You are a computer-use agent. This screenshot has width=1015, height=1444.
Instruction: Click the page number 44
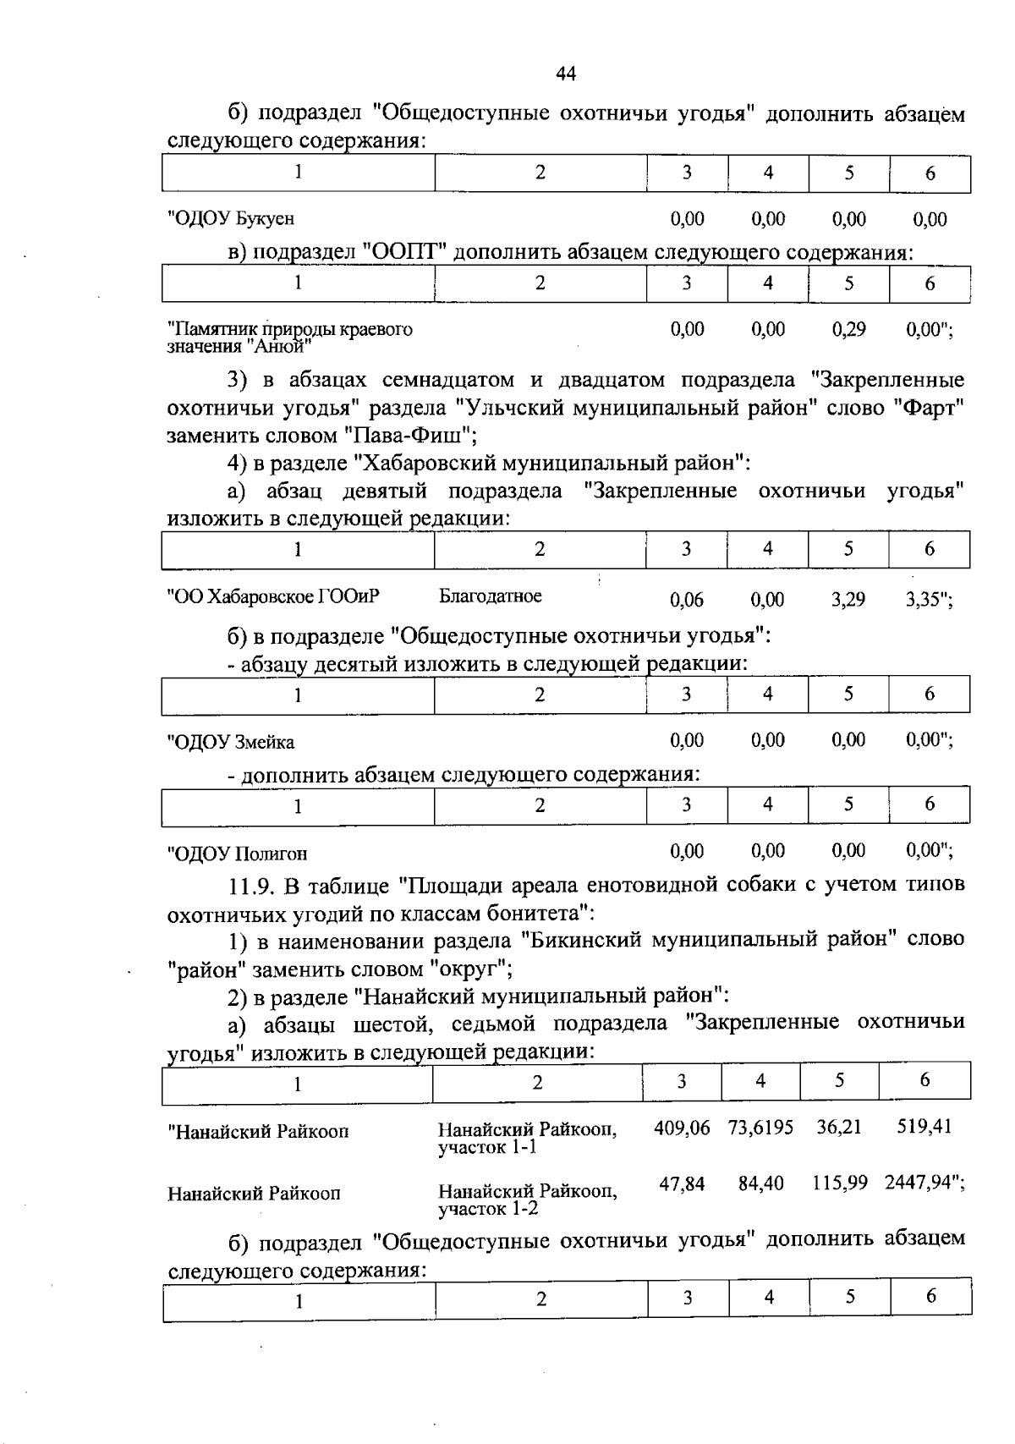566,74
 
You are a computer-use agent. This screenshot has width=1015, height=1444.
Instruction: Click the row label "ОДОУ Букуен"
232,218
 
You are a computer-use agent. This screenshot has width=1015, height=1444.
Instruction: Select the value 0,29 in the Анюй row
848,329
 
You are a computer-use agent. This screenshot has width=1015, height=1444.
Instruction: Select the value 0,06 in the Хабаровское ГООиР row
686,600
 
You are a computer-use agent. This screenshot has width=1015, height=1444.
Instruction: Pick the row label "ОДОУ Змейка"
232,742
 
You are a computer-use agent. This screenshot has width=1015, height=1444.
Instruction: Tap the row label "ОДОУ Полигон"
238,853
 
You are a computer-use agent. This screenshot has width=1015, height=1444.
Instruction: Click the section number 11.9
251,886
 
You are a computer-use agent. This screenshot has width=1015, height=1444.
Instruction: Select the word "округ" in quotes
469,968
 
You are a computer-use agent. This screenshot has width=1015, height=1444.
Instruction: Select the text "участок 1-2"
488,1209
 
